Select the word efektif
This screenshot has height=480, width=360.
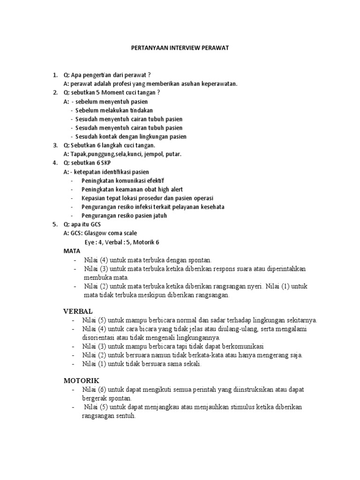pos(156,180)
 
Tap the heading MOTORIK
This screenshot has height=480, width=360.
pos(81,380)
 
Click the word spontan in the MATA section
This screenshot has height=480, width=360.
pos(200,260)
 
